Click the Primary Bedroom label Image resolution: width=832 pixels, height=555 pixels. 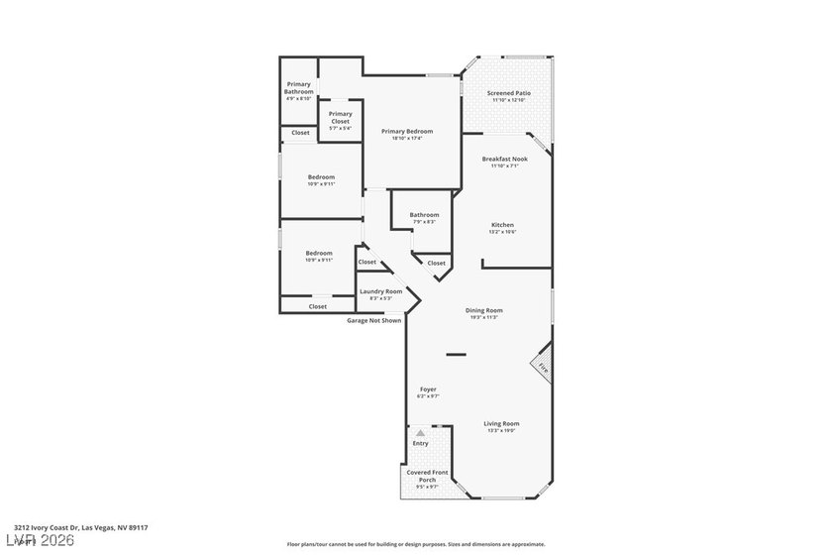[407, 131]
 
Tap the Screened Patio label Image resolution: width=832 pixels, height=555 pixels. [509, 93]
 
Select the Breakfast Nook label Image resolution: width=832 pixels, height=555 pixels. [504, 159]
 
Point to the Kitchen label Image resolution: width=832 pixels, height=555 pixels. [502, 225]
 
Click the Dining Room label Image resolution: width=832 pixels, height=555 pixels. [484, 310]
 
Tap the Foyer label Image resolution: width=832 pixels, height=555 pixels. [428, 389]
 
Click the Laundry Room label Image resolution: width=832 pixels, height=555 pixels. [380, 291]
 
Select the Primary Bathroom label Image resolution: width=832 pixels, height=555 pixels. [299, 88]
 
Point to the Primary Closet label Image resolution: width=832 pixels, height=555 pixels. [340, 117]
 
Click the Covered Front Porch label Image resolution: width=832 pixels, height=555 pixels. [427, 477]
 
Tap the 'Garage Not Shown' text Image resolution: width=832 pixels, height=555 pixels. [373, 321]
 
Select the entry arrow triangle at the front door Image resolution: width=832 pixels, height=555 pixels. [420, 433]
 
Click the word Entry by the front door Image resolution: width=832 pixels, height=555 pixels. [420, 443]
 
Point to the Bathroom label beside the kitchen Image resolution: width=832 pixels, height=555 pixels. [424, 215]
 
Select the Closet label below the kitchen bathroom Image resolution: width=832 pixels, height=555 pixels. [436, 263]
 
